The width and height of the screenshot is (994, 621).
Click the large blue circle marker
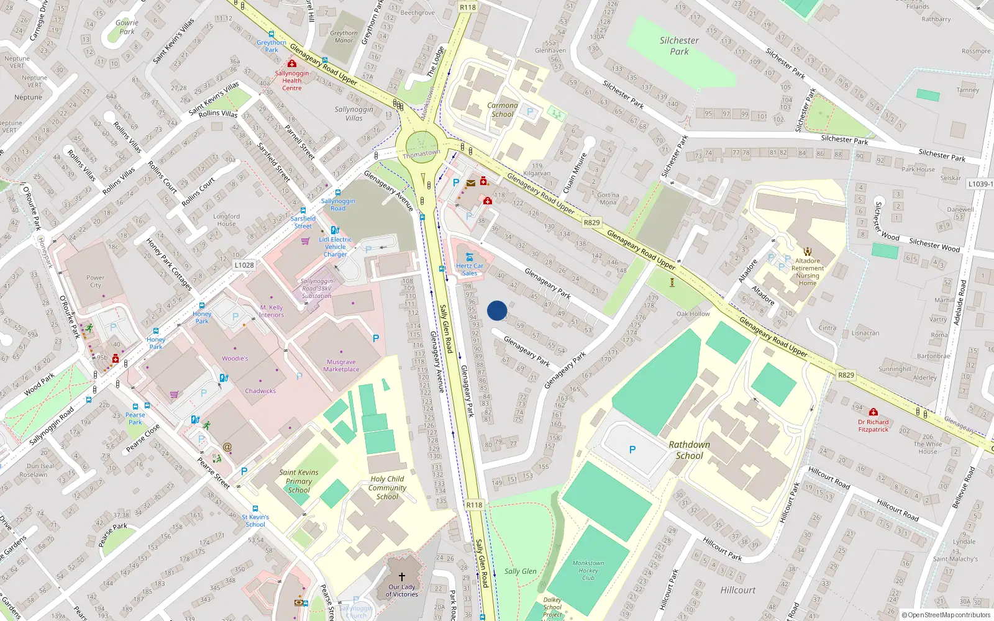(x=497, y=310)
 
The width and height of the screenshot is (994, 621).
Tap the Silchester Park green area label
(x=679, y=46)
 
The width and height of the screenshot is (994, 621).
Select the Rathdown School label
(x=689, y=450)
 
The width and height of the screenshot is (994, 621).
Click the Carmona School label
(x=503, y=110)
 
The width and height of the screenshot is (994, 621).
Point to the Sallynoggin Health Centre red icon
(x=292, y=64)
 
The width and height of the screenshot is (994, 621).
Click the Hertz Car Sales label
(x=469, y=270)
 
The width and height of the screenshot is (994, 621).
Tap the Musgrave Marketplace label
(x=341, y=366)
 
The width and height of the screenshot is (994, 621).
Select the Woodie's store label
(x=235, y=358)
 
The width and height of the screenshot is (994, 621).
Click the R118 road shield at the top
(x=468, y=7)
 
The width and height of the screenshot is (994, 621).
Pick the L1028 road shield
(x=244, y=265)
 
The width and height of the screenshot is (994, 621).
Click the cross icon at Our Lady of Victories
(x=402, y=577)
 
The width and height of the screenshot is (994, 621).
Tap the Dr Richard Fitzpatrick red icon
(x=873, y=412)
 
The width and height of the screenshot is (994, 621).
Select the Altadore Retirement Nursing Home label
(x=808, y=272)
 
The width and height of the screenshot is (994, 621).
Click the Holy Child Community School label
(x=387, y=487)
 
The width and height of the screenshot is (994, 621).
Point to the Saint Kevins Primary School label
(x=299, y=481)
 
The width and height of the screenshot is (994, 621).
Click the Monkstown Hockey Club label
(x=588, y=570)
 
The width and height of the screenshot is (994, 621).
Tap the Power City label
(x=96, y=282)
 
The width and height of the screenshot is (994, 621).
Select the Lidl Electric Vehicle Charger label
(x=335, y=247)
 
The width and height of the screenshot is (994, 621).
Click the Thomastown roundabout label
(x=421, y=153)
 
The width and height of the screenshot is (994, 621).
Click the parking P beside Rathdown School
(x=632, y=450)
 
